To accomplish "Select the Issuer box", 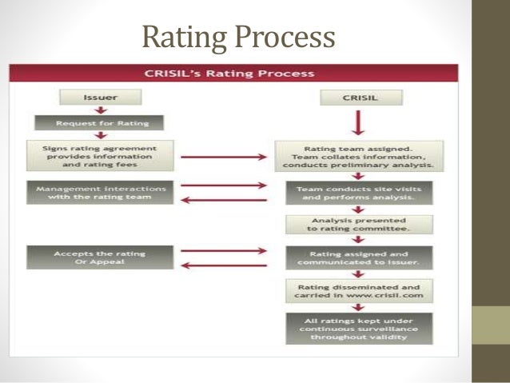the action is [x=99, y=98].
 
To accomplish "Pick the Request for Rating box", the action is [x=99, y=124].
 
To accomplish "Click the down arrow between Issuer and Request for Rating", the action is [x=99, y=111].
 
